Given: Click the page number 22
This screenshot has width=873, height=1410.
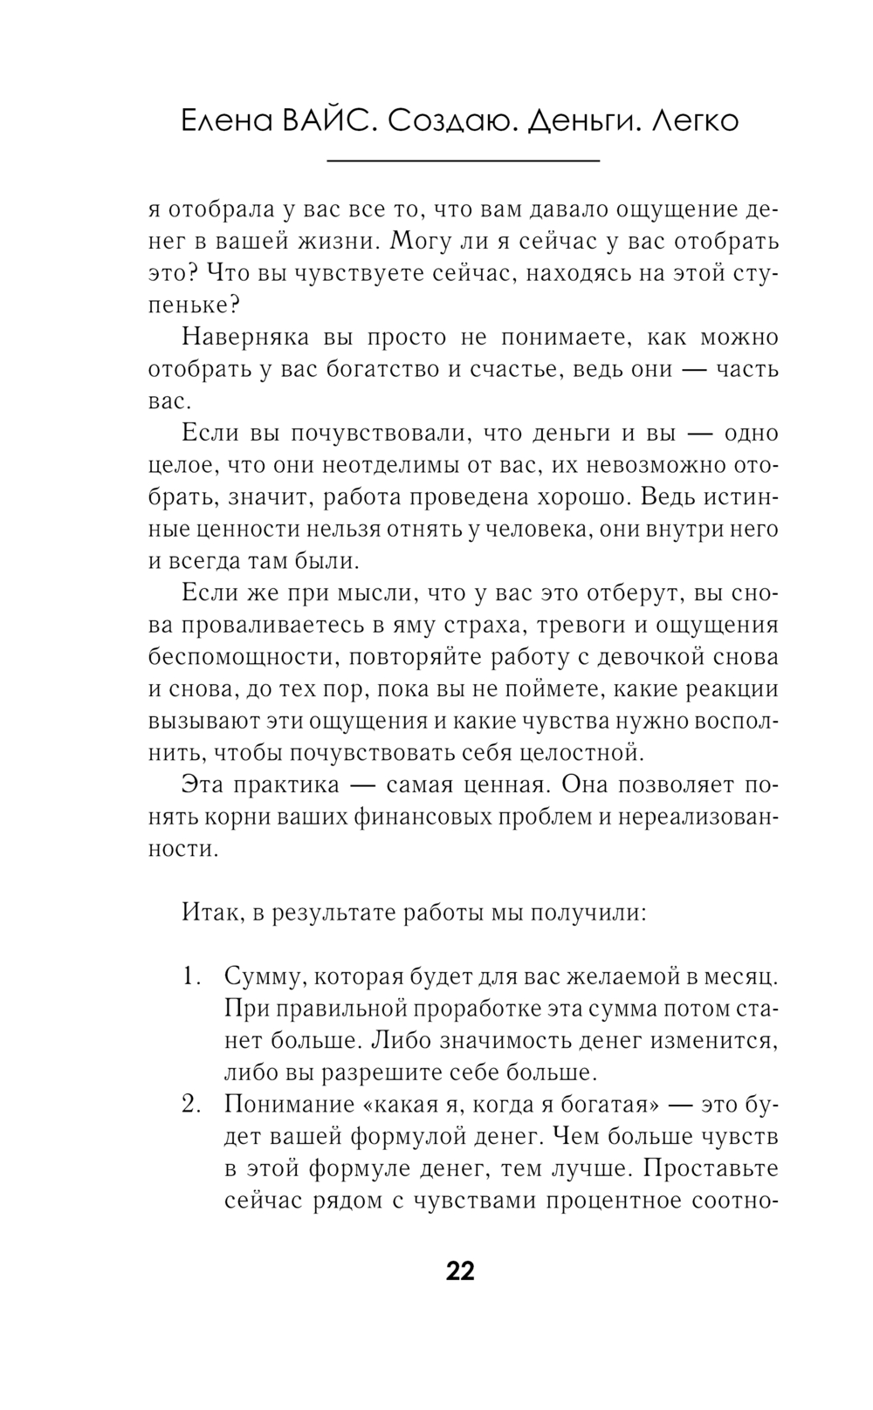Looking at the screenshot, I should coord(460,1271).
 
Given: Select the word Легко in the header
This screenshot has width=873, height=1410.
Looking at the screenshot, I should coord(695,120).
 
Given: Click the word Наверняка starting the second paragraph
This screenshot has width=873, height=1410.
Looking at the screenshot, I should coord(238,337).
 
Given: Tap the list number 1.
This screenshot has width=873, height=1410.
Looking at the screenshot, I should coord(191,976).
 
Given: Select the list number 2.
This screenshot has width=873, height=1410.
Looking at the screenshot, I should coord(191,1105).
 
